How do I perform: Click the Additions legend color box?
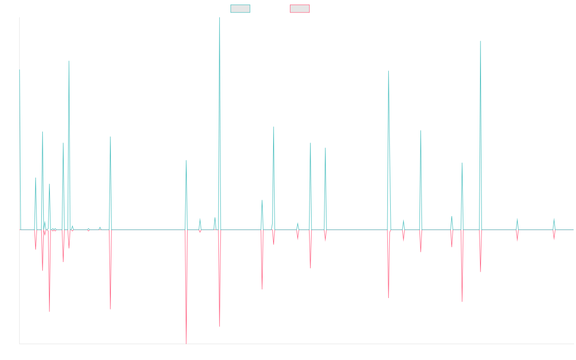pyautogui.click(x=240, y=9)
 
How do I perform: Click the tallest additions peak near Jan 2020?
pyautogui.click(x=219, y=18)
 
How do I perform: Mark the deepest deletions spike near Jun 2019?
pyautogui.click(x=186, y=343)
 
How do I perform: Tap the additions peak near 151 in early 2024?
pyautogui.click(x=480, y=42)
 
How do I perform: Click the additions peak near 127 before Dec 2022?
pyautogui.click(x=388, y=72)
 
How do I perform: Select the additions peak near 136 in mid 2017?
pyautogui.click(x=69, y=61)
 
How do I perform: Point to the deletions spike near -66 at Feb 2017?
pyautogui.click(x=49, y=312)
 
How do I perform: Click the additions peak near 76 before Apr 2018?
pyautogui.click(x=110, y=137)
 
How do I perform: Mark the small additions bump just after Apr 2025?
pyautogui.click(x=554, y=219)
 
